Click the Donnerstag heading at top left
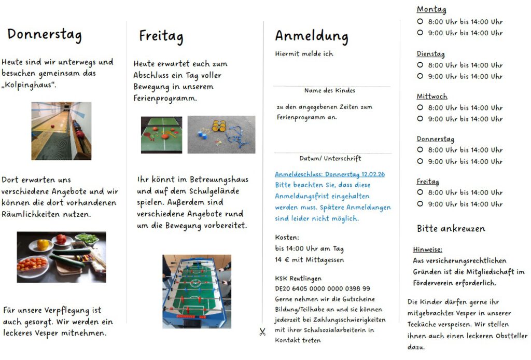click(45, 35)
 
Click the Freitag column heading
click(161, 36)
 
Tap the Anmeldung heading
click(311, 36)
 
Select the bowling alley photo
click(61, 131)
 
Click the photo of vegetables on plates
click(61, 257)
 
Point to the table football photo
click(197, 291)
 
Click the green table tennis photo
click(161, 134)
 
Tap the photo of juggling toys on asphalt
click(221, 134)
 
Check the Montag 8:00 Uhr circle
click(420, 22)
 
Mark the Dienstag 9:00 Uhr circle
click(420, 76)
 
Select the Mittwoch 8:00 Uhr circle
click(420, 107)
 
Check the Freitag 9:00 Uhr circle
click(420, 204)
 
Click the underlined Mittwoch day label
click(431, 96)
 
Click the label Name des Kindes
click(330, 91)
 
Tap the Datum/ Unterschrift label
click(330, 159)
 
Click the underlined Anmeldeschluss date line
click(330, 174)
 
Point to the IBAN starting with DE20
click(323, 288)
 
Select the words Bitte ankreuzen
click(451, 229)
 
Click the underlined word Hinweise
click(427, 250)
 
